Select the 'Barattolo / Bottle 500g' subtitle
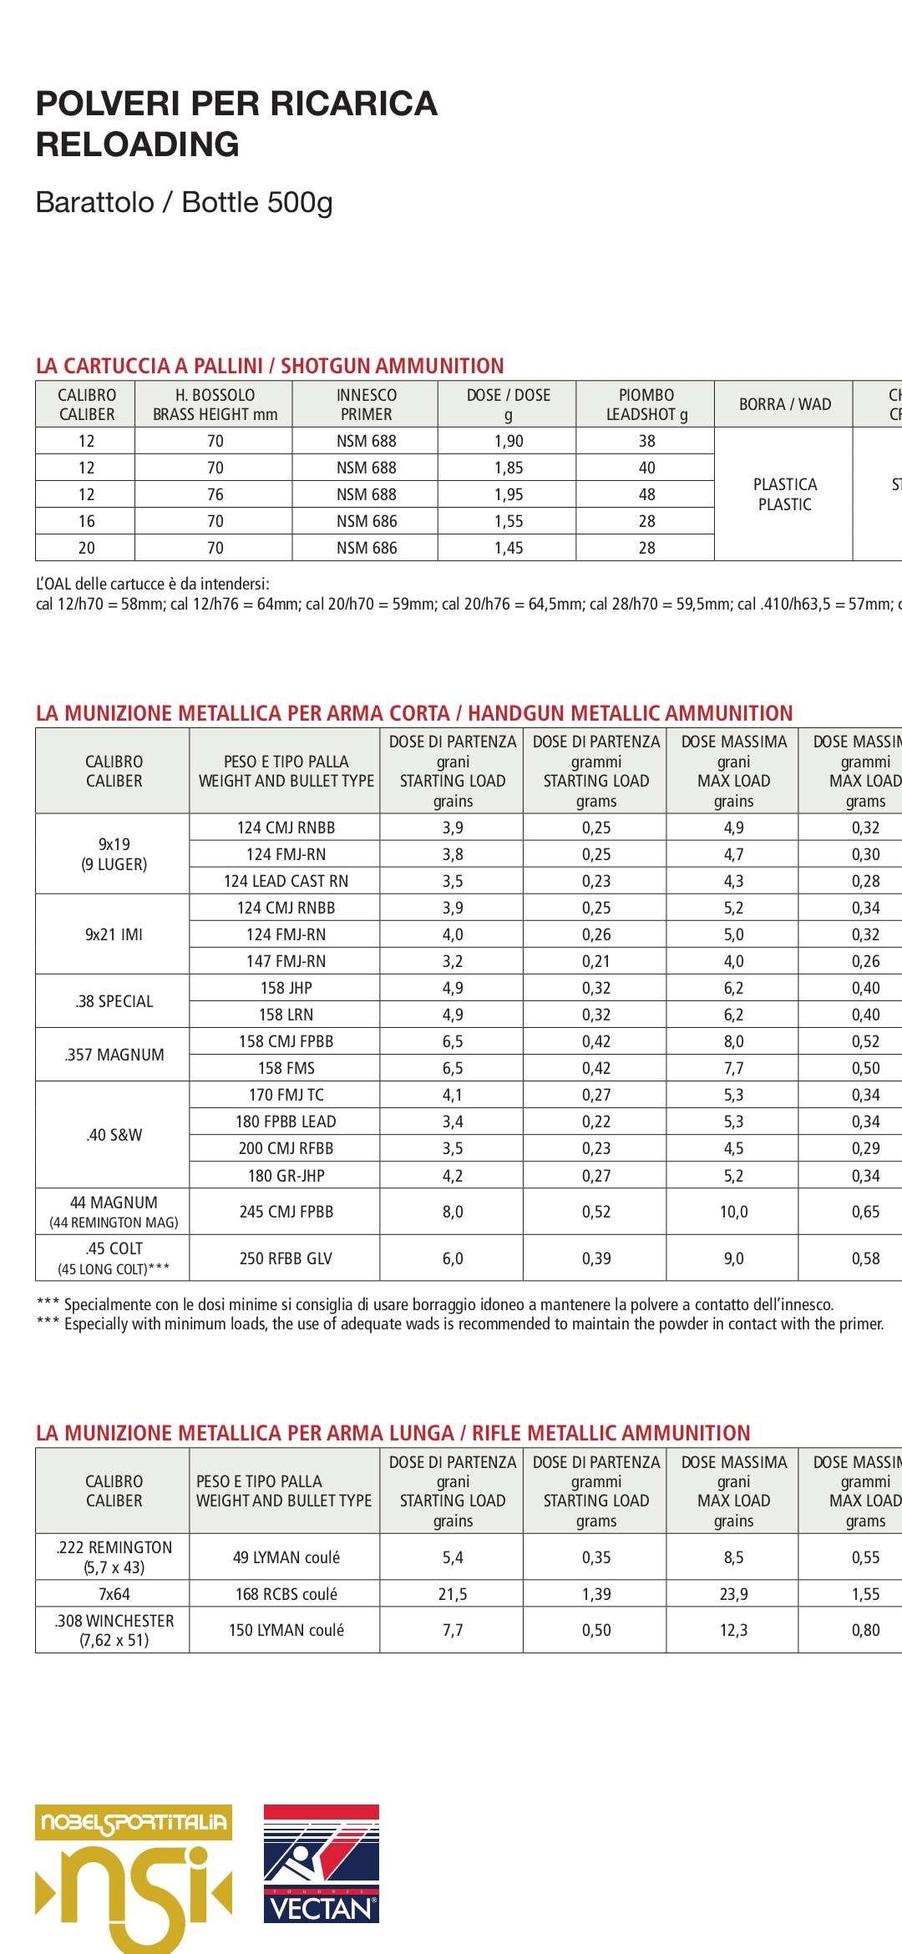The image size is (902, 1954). click(185, 202)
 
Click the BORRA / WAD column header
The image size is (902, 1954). click(784, 404)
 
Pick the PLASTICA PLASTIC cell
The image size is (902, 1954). click(784, 494)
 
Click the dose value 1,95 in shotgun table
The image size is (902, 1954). click(508, 494)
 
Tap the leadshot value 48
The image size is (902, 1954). click(646, 494)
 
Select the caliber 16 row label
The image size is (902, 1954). click(86, 521)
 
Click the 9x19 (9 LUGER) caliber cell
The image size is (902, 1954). click(114, 854)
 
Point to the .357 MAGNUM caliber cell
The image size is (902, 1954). click(114, 1055)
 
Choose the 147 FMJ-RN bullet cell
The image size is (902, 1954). click(286, 961)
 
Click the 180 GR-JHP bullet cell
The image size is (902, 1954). click(286, 1176)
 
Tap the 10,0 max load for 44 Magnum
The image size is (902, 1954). click(733, 1212)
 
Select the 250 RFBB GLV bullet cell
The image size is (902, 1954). click(286, 1258)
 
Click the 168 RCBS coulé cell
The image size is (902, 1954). click(286, 1594)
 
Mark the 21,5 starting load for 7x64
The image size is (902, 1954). click(453, 1594)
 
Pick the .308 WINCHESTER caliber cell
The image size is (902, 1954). click(114, 1630)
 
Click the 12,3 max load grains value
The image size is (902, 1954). click(733, 1630)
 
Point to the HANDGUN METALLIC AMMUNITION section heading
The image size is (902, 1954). click(630, 713)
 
